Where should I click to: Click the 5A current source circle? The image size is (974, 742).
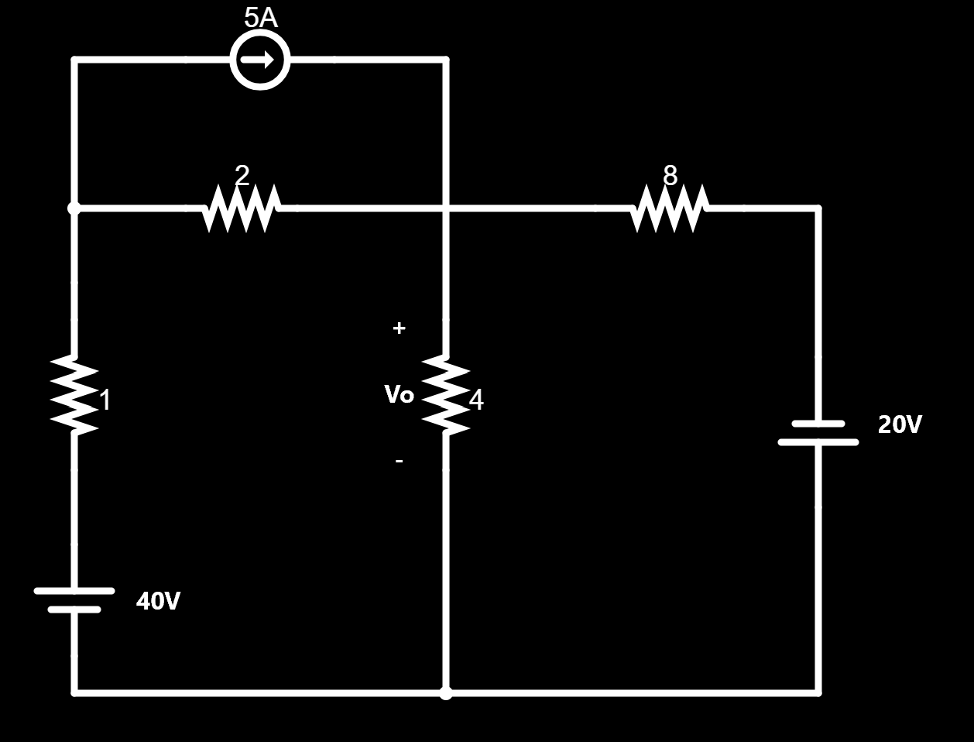coord(260,60)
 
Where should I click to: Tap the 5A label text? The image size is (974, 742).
coord(260,18)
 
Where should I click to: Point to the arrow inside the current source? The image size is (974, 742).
coord(261,60)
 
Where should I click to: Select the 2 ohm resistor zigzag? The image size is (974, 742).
coord(241,208)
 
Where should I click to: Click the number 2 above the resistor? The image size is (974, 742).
coord(242,176)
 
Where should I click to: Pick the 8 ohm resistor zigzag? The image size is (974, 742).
coord(669,208)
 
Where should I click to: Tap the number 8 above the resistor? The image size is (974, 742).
coord(670,176)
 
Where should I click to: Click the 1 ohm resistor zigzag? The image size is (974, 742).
coord(74,394)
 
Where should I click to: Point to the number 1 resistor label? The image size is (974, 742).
coord(105,400)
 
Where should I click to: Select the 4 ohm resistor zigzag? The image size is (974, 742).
coord(446,394)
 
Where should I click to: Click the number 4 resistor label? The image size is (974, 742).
coord(476,400)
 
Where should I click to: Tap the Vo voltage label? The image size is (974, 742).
coord(399,395)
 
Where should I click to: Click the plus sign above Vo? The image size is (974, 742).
coord(399,328)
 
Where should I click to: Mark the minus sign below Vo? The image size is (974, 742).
coord(399,461)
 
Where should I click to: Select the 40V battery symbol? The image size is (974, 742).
coord(74,600)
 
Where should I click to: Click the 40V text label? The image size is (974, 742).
coord(158,601)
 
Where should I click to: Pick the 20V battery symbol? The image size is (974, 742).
coord(818,433)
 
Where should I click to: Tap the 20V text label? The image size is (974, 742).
coord(900,424)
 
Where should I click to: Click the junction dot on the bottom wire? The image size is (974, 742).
coord(446,692)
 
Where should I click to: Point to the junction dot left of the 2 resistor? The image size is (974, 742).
coord(74,208)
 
